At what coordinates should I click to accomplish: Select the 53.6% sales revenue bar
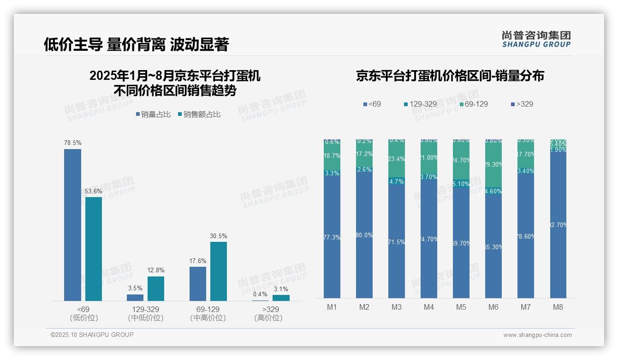(x=94, y=249)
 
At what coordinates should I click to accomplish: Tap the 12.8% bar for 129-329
(x=156, y=288)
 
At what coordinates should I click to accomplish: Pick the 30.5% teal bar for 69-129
(x=219, y=271)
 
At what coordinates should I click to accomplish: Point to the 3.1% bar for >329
(x=281, y=298)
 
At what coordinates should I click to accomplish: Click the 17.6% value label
(x=197, y=261)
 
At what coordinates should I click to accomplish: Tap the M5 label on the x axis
(x=461, y=307)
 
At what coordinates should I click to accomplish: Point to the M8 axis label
(x=558, y=307)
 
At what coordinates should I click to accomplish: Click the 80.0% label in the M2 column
(x=364, y=235)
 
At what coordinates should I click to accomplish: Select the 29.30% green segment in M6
(x=493, y=164)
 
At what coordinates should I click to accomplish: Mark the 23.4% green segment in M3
(x=397, y=159)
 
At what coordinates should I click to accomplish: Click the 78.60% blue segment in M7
(x=526, y=236)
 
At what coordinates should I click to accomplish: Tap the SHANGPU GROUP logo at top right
(x=536, y=39)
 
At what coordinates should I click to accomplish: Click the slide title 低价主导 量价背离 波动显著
(x=136, y=44)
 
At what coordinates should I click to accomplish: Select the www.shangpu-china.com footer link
(x=537, y=335)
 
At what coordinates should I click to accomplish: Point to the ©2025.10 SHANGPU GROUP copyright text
(x=92, y=335)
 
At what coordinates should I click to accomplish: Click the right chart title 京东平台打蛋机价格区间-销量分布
(x=450, y=76)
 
